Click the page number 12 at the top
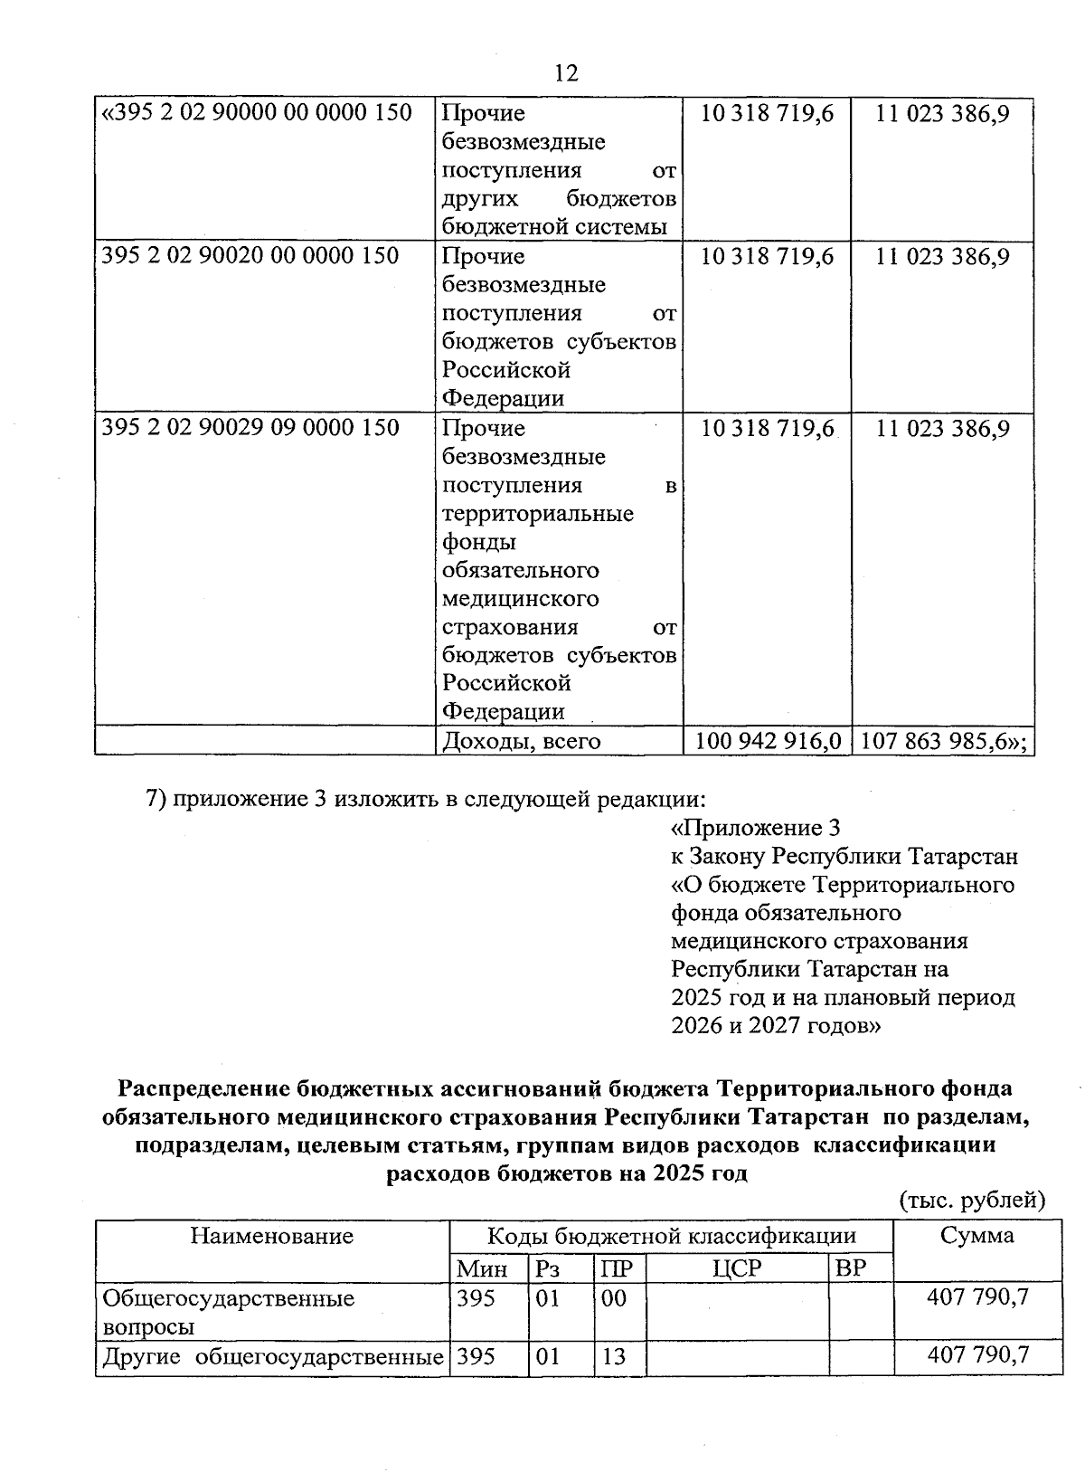565,73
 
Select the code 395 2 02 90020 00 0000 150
250,256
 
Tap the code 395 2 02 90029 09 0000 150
250,427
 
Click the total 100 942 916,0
766,741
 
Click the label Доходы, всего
522,742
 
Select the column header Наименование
271,1236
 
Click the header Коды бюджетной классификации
671,1236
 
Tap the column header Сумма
976,1236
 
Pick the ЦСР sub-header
737,1268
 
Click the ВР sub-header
851,1268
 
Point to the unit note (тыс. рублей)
971,1201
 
